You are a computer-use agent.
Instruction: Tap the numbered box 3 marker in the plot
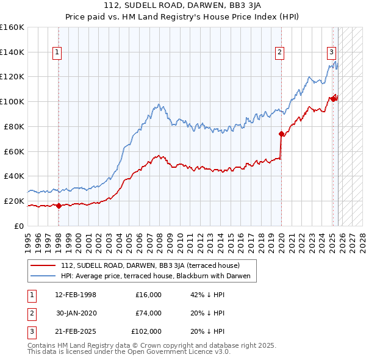(331, 52)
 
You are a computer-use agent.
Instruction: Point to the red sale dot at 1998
(59, 206)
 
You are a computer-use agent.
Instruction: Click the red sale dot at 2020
(281, 134)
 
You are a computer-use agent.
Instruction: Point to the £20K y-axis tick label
(13, 201)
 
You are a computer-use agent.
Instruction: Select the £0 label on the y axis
(18, 226)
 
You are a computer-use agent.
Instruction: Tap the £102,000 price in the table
(146, 331)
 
